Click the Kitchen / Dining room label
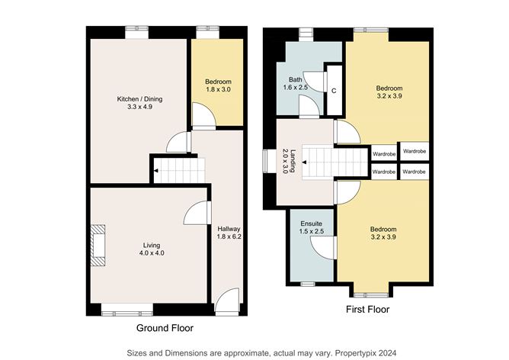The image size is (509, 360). click(139, 99)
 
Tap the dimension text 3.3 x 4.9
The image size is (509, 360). click(139, 108)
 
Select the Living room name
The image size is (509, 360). click(151, 245)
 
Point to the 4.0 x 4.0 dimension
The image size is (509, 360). click(151, 253)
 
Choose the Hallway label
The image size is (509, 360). click(229, 228)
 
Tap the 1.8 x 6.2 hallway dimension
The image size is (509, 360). click(229, 236)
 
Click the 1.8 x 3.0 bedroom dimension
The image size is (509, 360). click(217, 90)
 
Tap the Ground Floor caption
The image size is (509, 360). click(165, 328)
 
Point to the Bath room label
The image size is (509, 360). click(295, 79)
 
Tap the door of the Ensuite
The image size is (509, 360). click(326, 246)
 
